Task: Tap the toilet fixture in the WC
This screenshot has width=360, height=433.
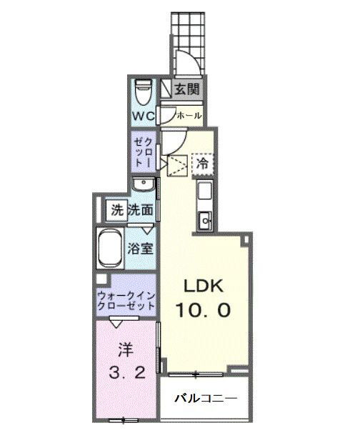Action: tap(144, 92)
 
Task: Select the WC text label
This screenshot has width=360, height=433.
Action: tap(144, 116)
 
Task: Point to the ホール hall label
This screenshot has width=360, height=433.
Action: tap(189, 115)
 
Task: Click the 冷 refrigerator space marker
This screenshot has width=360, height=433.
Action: tap(202, 164)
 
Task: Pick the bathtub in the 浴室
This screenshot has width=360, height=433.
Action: tap(111, 248)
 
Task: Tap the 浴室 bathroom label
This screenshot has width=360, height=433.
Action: tap(140, 249)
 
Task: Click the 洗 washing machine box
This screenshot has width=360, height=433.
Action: tap(116, 210)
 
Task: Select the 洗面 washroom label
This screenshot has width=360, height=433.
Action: tap(140, 210)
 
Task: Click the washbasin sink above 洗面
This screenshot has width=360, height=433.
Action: tap(143, 184)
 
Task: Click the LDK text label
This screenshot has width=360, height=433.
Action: tap(204, 287)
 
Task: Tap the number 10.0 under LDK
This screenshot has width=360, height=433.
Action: tap(203, 310)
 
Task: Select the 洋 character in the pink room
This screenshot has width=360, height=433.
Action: tap(126, 349)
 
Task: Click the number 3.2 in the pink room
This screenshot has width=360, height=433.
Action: tap(126, 373)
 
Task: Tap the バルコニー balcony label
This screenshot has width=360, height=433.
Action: tap(206, 398)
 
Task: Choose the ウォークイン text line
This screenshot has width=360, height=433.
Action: tap(126, 296)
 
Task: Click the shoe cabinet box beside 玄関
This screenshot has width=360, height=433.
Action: tap(166, 88)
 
